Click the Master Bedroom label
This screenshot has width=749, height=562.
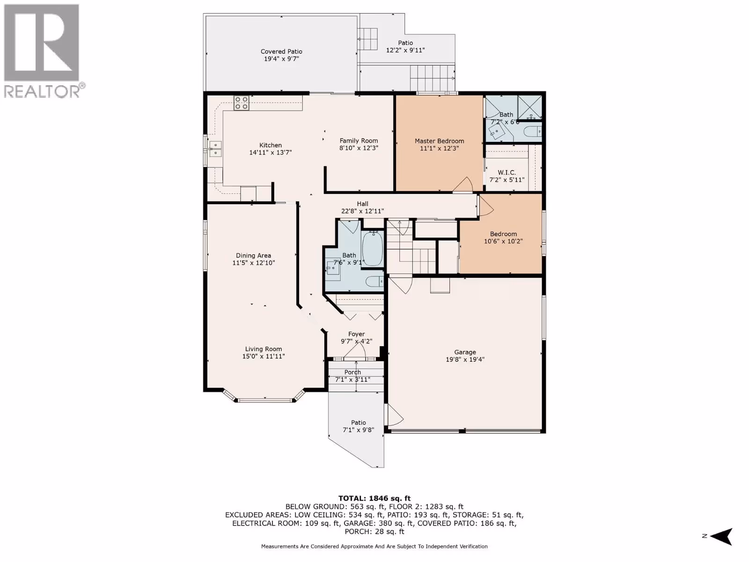(439, 141)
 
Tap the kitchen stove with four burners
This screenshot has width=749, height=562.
(241, 103)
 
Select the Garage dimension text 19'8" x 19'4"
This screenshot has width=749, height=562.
(465, 359)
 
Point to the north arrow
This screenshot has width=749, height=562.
(722, 536)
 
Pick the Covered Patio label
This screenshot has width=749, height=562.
(281, 52)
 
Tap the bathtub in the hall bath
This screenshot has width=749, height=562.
(373, 248)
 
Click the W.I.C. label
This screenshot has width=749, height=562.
(507, 173)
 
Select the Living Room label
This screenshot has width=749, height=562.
(264, 349)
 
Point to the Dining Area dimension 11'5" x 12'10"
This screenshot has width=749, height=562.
(254, 263)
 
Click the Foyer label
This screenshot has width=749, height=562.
(357, 334)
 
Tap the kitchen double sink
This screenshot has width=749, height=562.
(215, 149)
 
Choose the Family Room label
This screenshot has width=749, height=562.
(359, 140)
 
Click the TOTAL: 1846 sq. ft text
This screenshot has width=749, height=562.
(374, 498)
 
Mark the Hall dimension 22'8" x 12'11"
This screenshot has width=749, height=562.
(362, 211)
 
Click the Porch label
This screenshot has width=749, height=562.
(352, 372)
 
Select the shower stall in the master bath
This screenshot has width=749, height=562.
(529, 107)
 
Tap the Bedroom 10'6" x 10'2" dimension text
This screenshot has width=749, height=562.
(503, 241)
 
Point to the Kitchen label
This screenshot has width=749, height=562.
(271, 145)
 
